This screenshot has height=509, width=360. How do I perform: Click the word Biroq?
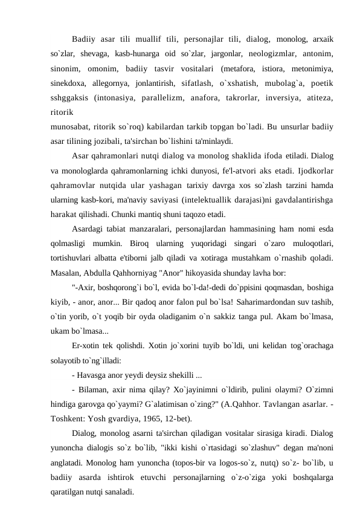click(143, 244)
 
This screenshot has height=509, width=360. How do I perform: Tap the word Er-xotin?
click(89, 346)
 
